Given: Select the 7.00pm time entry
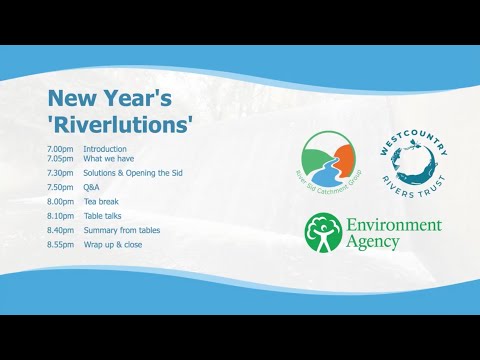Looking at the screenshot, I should coord(60,150).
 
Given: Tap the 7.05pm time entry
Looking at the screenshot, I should coord(60,158).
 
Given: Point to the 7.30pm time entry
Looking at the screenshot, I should coord(60,172).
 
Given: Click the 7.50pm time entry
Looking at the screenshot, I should coord(60,187).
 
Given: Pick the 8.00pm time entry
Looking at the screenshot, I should coord(60,201).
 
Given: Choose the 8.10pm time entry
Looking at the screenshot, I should coord(60,215).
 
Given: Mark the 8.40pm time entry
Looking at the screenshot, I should coord(60,230).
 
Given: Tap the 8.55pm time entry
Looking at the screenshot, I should coord(60,244).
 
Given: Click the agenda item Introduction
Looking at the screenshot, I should coord(105,150).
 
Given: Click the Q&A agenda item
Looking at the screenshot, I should coord(92,187).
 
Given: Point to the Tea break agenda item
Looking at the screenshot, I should coord(101,201).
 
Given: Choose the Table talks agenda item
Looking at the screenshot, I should coord(104,215).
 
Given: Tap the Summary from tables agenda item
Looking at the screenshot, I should coord(122,230).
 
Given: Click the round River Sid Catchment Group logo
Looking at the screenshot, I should coord(330,159).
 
